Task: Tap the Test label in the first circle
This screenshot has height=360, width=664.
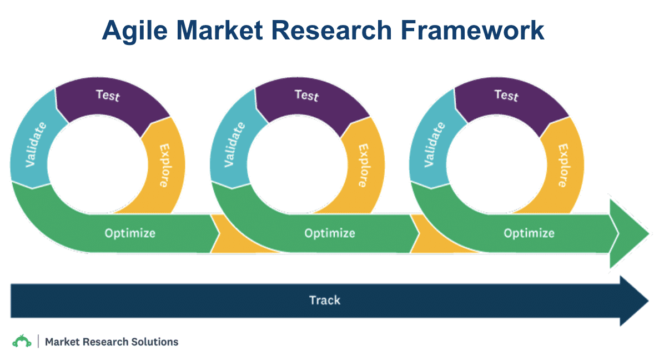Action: (108, 95)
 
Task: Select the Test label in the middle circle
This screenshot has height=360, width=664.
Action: (307, 95)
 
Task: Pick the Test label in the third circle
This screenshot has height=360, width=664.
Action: (506, 95)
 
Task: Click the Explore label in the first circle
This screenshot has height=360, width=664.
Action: (164, 166)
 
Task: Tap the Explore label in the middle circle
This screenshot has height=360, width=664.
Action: (364, 166)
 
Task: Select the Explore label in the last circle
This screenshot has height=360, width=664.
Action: (563, 166)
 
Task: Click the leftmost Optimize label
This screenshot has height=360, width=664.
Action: (130, 233)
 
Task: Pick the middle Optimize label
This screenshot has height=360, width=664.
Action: (329, 233)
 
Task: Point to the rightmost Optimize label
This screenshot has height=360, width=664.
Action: (529, 233)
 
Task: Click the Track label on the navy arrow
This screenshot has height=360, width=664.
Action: (324, 301)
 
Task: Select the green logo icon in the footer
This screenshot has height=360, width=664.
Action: (22, 341)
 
